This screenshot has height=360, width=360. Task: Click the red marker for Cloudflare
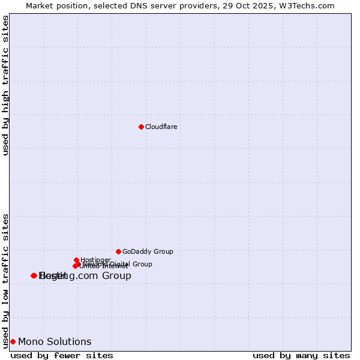coord(141,127)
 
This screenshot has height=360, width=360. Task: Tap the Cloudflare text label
coord(161,127)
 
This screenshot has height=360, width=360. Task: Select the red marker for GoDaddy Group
coord(118,251)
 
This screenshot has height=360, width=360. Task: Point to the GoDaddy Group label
coord(148,251)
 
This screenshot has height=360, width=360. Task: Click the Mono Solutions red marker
coord(13,341)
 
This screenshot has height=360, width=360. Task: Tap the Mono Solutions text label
coord(55,341)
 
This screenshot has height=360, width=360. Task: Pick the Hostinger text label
coord(95,260)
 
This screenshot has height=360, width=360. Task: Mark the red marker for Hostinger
coord(76,260)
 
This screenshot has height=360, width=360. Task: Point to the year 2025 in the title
coord(268,5)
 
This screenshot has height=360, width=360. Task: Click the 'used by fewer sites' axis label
coord(62,355)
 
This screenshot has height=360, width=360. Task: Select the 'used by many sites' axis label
coord(301,355)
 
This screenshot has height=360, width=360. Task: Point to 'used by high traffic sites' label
coord(6,85)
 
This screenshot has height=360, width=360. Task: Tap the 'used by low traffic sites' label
coord(6,281)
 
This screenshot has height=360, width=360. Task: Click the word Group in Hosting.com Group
coord(118,275)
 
